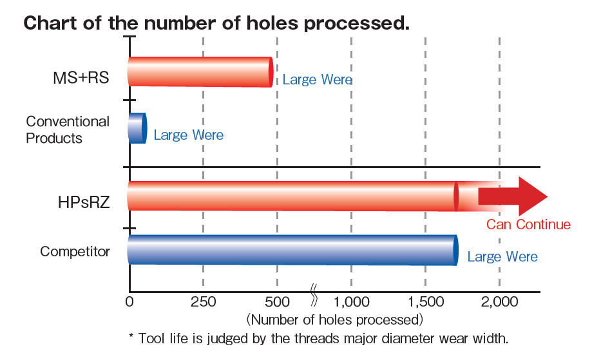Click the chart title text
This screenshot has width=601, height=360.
click(x=216, y=24)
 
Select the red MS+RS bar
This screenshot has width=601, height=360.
click(x=200, y=71)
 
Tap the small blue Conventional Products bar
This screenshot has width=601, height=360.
click(x=137, y=128)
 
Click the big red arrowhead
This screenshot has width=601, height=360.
click(x=531, y=196)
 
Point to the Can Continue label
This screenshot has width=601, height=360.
click(x=528, y=225)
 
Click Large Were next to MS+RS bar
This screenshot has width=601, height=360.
click(x=318, y=80)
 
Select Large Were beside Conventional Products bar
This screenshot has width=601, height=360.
click(x=189, y=135)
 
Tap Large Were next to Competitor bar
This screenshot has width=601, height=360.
click(x=502, y=257)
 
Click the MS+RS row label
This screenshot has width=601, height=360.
click(x=81, y=78)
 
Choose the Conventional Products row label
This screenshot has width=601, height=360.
click(x=68, y=129)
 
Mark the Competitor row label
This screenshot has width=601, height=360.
click(x=75, y=251)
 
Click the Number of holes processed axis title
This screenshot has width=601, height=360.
click(x=334, y=319)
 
